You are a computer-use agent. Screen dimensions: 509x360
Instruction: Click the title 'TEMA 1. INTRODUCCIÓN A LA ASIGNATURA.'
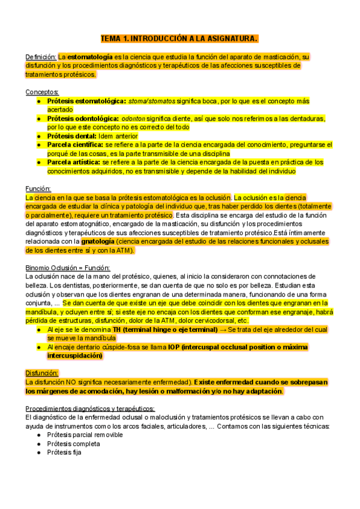pyautogui.click(x=179, y=39)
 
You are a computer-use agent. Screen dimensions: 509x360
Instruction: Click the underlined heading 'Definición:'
pyautogui.click(x=41, y=56)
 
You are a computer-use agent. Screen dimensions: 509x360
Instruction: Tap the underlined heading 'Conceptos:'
pyautogui.click(x=42, y=92)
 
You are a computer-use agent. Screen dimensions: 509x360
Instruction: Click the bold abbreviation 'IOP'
pyautogui.click(x=175, y=347)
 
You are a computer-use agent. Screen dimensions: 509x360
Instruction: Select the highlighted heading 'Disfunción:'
pyautogui.click(x=42, y=373)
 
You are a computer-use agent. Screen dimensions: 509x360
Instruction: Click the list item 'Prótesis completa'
pyautogui.click(x=73, y=444)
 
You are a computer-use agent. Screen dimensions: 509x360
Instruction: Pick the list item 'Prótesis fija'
pyautogui.click(x=64, y=453)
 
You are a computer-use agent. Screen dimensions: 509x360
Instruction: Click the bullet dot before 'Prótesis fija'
pyautogui.click(x=39, y=453)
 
